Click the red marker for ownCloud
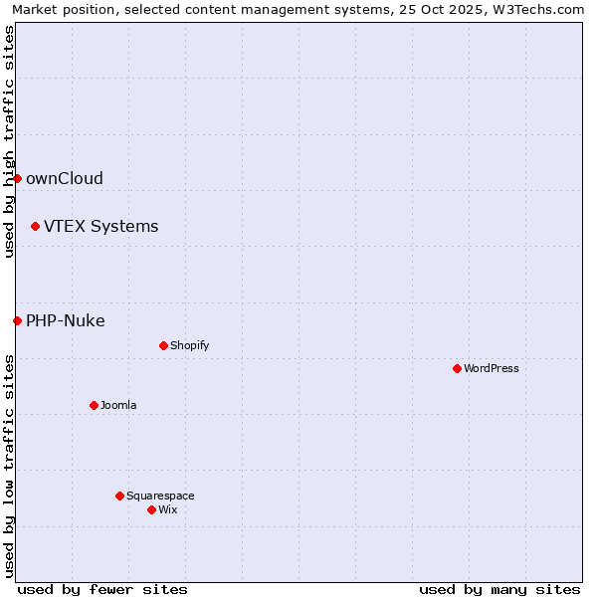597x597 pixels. click(x=17, y=178)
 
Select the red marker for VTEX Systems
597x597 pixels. click(x=35, y=226)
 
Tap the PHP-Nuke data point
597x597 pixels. click(x=17, y=320)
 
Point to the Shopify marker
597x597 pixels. click(x=163, y=345)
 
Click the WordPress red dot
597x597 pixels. click(x=457, y=368)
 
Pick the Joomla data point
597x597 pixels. click(x=94, y=405)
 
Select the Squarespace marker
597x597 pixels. click(x=119, y=496)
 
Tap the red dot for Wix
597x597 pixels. click(x=151, y=509)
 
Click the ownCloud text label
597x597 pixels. click(x=65, y=179)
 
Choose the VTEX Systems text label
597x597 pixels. click(x=100, y=226)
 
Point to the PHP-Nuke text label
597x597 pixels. click(x=66, y=320)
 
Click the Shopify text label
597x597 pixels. click(x=189, y=345)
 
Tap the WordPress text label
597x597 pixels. click(x=491, y=368)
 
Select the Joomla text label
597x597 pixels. click(x=118, y=405)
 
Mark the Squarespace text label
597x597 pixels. click(x=160, y=496)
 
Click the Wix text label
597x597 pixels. click(x=167, y=509)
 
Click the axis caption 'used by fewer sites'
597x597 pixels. click(x=102, y=589)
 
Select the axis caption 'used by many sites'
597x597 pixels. click(x=499, y=589)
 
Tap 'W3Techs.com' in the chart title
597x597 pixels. click(x=541, y=10)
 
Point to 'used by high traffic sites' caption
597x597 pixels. click(x=10, y=141)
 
